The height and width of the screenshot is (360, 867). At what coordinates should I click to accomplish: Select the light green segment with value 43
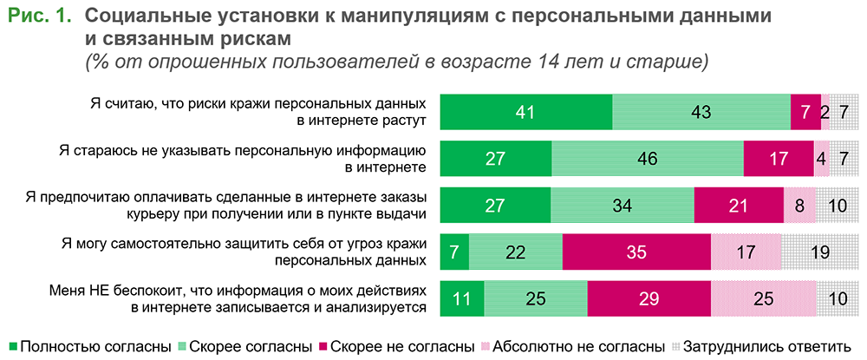pos(701,111)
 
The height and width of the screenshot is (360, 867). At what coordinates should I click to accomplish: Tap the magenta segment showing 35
pos(636,252)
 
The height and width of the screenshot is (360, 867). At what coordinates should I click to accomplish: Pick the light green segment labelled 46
pos(648,159)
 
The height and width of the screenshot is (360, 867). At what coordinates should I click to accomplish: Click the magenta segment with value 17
pos(778,159)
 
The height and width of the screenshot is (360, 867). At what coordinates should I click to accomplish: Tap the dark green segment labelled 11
pos(463,299)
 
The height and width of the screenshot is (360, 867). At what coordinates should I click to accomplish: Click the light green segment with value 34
pos(623,206)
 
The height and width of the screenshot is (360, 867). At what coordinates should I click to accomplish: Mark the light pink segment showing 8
pos(800,206)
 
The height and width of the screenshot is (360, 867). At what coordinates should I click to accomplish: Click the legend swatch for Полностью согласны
pos(12,346)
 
